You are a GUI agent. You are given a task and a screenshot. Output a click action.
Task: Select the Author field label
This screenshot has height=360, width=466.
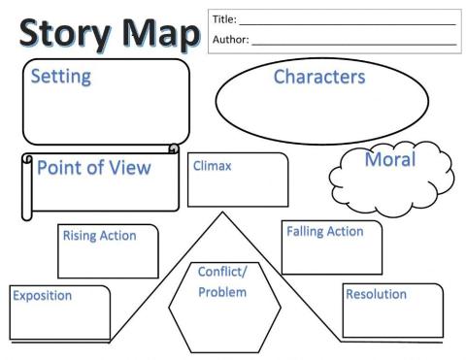[x=229, y=40]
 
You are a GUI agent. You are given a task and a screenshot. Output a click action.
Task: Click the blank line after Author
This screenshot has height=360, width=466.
[x=353, y=43]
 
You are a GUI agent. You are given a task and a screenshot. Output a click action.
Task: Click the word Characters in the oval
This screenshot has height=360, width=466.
[x=319, y=77]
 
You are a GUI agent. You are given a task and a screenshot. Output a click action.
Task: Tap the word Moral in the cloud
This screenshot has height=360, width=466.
[x=389, y=159]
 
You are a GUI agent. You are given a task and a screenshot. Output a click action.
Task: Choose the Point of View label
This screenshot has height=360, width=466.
[x=93, y=168]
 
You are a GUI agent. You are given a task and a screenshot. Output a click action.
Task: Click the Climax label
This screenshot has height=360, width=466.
[x=212, y=166]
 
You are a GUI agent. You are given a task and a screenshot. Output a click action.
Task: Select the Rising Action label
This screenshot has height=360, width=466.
[x=99, y=235]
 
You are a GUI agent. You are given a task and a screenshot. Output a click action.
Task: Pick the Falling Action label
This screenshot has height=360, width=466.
[x=324, y=232]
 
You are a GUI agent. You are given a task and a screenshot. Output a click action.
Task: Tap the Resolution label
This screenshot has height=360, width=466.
[x=376, y=294]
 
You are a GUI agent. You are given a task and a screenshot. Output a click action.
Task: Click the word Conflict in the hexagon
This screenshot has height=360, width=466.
[x=221, y=272]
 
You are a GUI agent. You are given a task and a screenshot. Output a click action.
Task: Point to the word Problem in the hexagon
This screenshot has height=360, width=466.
[x=222, y=292]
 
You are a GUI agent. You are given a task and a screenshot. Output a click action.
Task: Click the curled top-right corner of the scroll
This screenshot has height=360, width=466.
[x=173, y=148]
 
